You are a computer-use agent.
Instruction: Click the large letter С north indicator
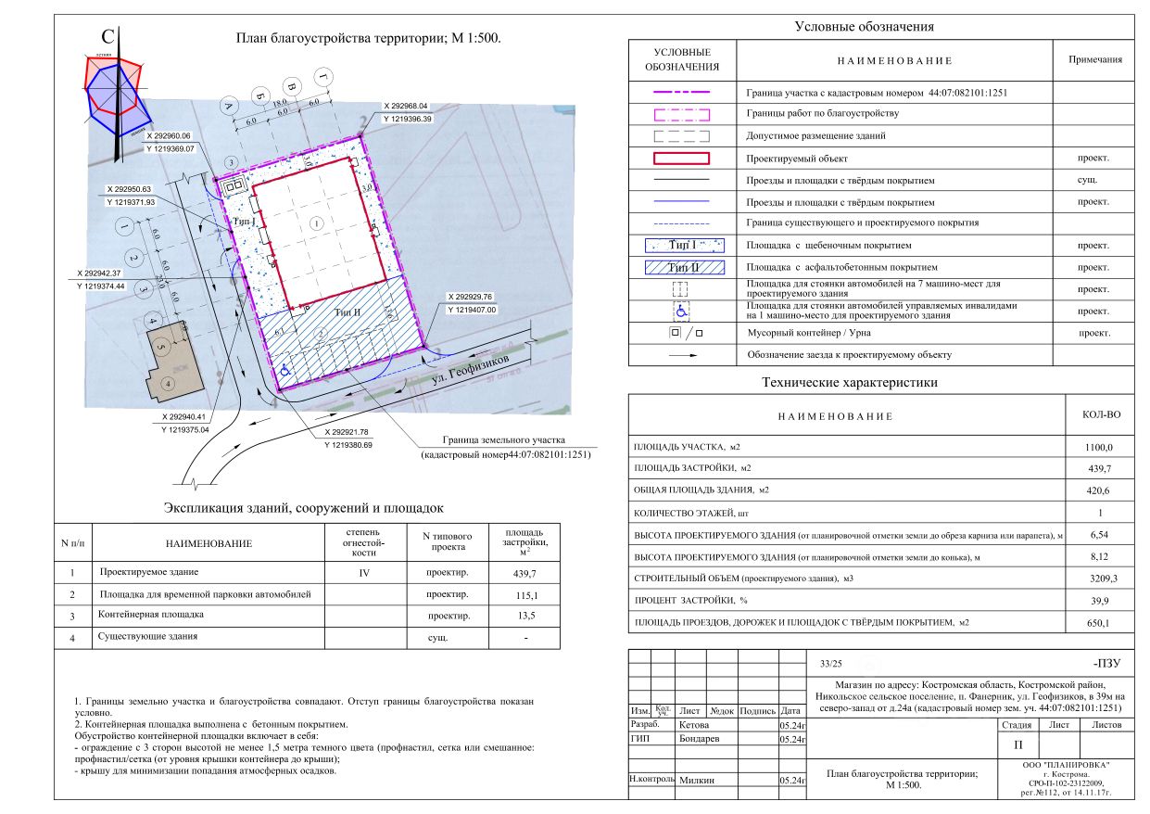click(x=107, y=38)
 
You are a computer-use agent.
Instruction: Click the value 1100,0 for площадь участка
click(x=1098, y=448)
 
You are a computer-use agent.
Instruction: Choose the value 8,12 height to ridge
click(x=1098, y=556)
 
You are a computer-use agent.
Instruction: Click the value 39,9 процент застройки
click(x=1098, y=600)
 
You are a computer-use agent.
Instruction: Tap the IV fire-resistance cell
click(x=365, y=572)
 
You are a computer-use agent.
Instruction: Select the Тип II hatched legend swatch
click(x=681, y=267)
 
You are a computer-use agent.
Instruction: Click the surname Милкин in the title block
click(x=696, y=781)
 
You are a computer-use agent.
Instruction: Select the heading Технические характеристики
click(x=849, y=382)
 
